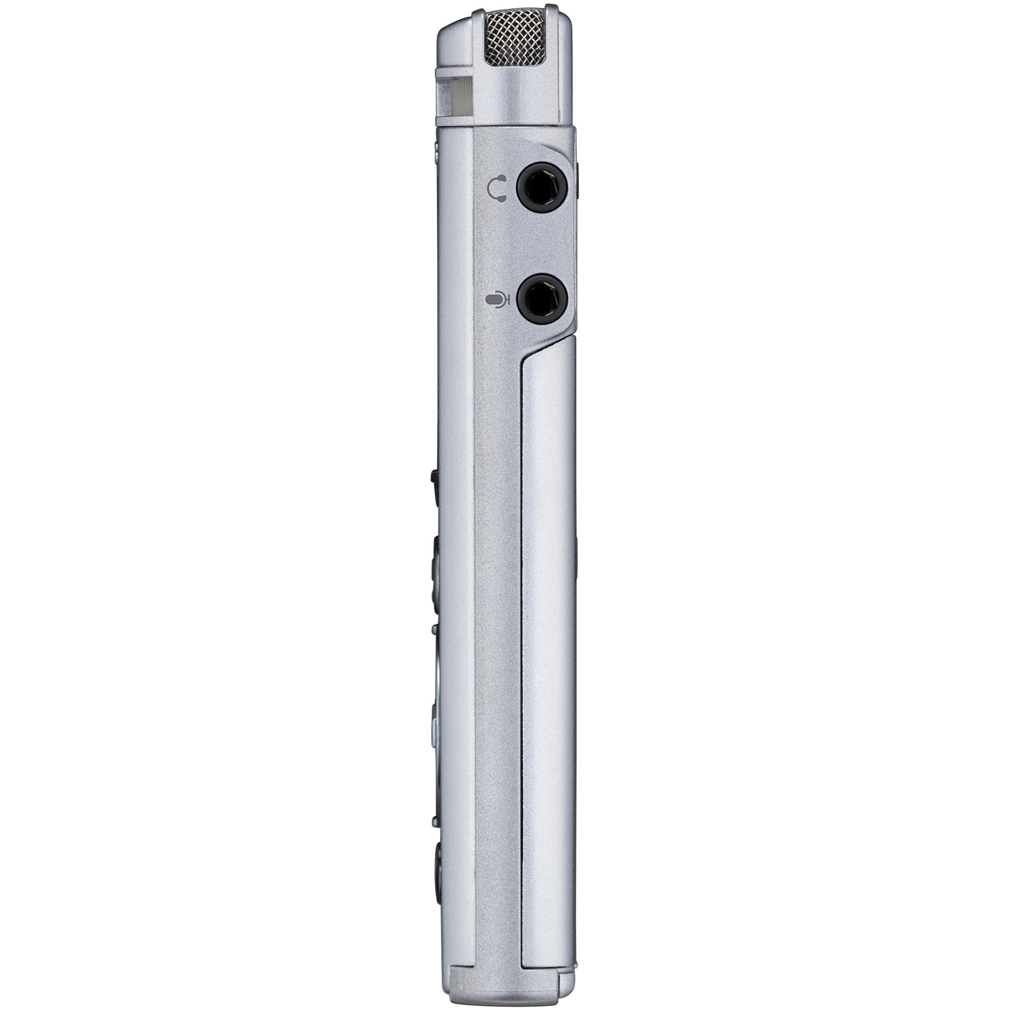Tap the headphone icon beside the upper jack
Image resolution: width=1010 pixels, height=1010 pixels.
click(x=497, y=189)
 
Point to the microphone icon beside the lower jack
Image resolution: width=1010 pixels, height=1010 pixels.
click(x=496, y=300)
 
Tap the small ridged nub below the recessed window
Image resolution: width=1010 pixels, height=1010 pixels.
click(x=436, y=148)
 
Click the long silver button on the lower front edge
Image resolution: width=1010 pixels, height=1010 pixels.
click(x=435, y=722)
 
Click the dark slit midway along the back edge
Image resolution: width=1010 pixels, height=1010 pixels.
click(x=577, y=554)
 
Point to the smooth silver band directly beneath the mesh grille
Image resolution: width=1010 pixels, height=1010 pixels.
click(x=515, y=100)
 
